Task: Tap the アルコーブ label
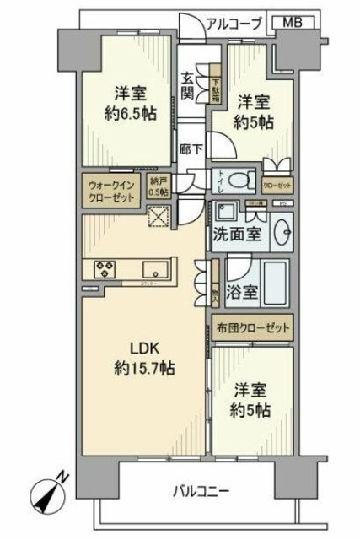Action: point(234,24)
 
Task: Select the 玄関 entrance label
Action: point(188,84)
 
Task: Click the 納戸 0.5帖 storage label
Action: point(159,187)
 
